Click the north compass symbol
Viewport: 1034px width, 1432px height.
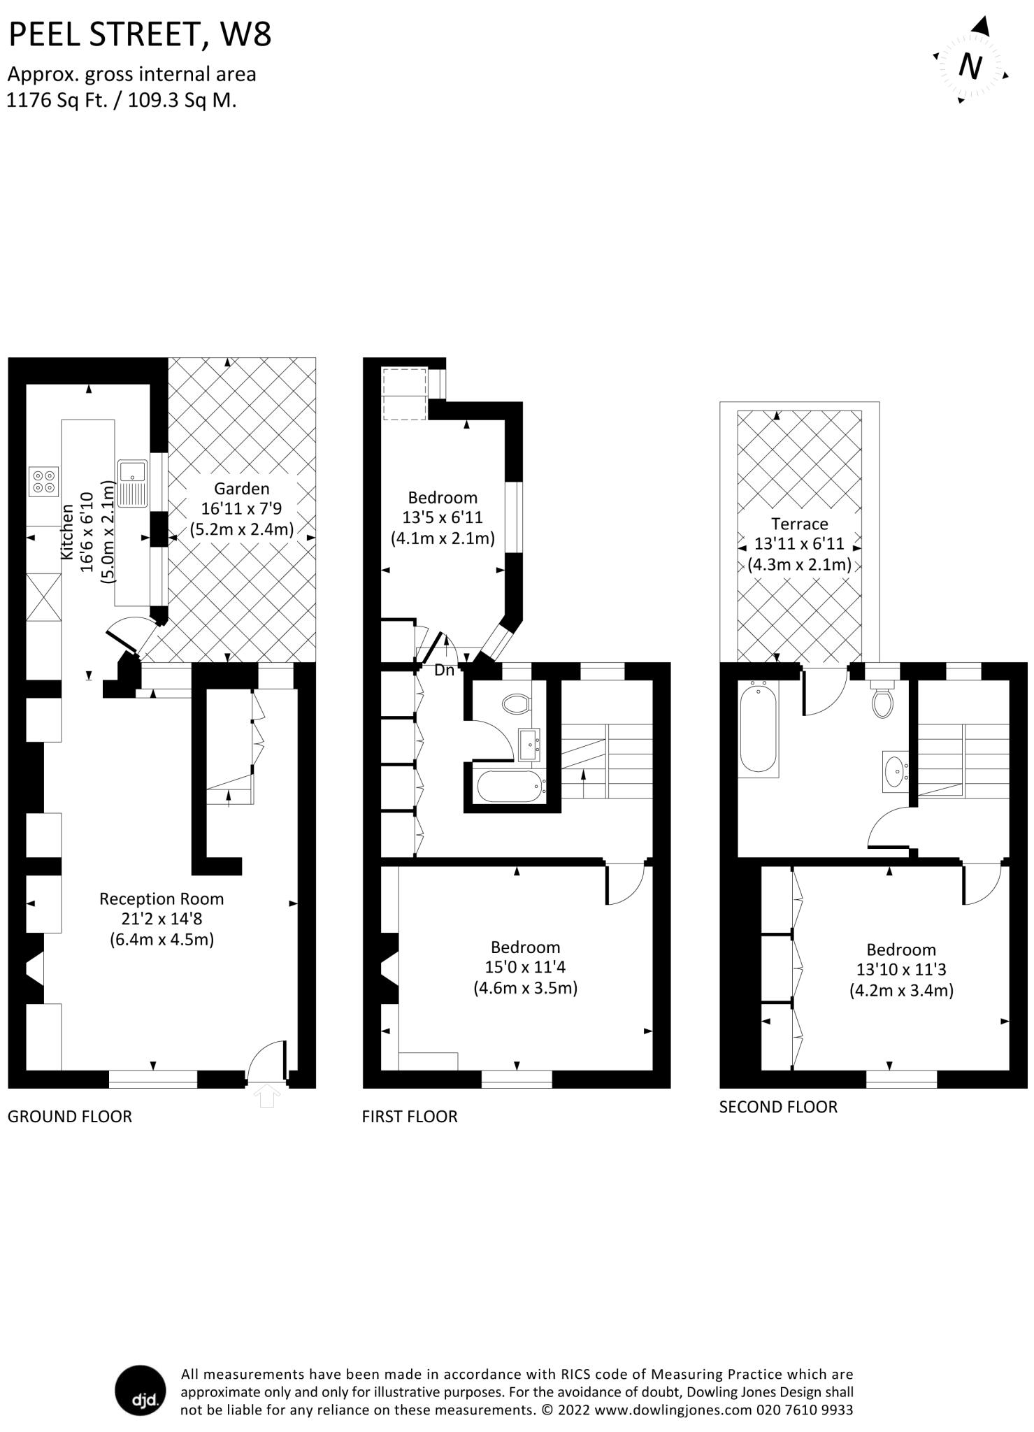click(x=970, y=66)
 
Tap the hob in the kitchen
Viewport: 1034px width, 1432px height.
click(x=44, y=482)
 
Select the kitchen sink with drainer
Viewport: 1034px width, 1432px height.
click(x=132, y=482)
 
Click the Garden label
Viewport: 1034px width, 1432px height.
click(x=241, y=489)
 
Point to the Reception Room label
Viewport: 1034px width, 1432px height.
click(x=161, y=899)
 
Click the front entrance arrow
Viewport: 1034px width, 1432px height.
click(x=266, y=1096)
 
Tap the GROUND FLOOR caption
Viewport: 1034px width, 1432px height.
click(x=69, y=1117)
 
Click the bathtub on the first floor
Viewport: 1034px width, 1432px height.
click(x=510, y=787)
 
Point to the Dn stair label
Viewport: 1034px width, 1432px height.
click(x=444, y=671)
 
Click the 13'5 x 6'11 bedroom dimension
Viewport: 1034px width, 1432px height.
click(x=442, y=518)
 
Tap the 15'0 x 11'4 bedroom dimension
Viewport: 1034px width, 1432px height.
click(x=524, y=968)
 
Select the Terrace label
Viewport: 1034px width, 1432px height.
click(x=799, y=524)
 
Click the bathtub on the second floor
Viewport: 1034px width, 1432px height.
click(x=758, y=727)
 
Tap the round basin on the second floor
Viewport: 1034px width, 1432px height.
click(x=894, y=772)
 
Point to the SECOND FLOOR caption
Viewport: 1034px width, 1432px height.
click(x=777, y=1107)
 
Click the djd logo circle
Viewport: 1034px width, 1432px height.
click(x=141, y=1391)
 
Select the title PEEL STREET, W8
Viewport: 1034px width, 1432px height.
click(x=140, y=34)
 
